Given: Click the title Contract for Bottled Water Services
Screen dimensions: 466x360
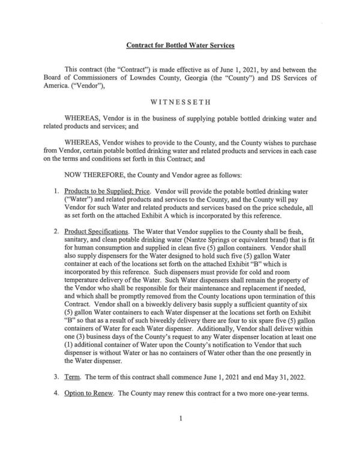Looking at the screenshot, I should click(x=180, y=45).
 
